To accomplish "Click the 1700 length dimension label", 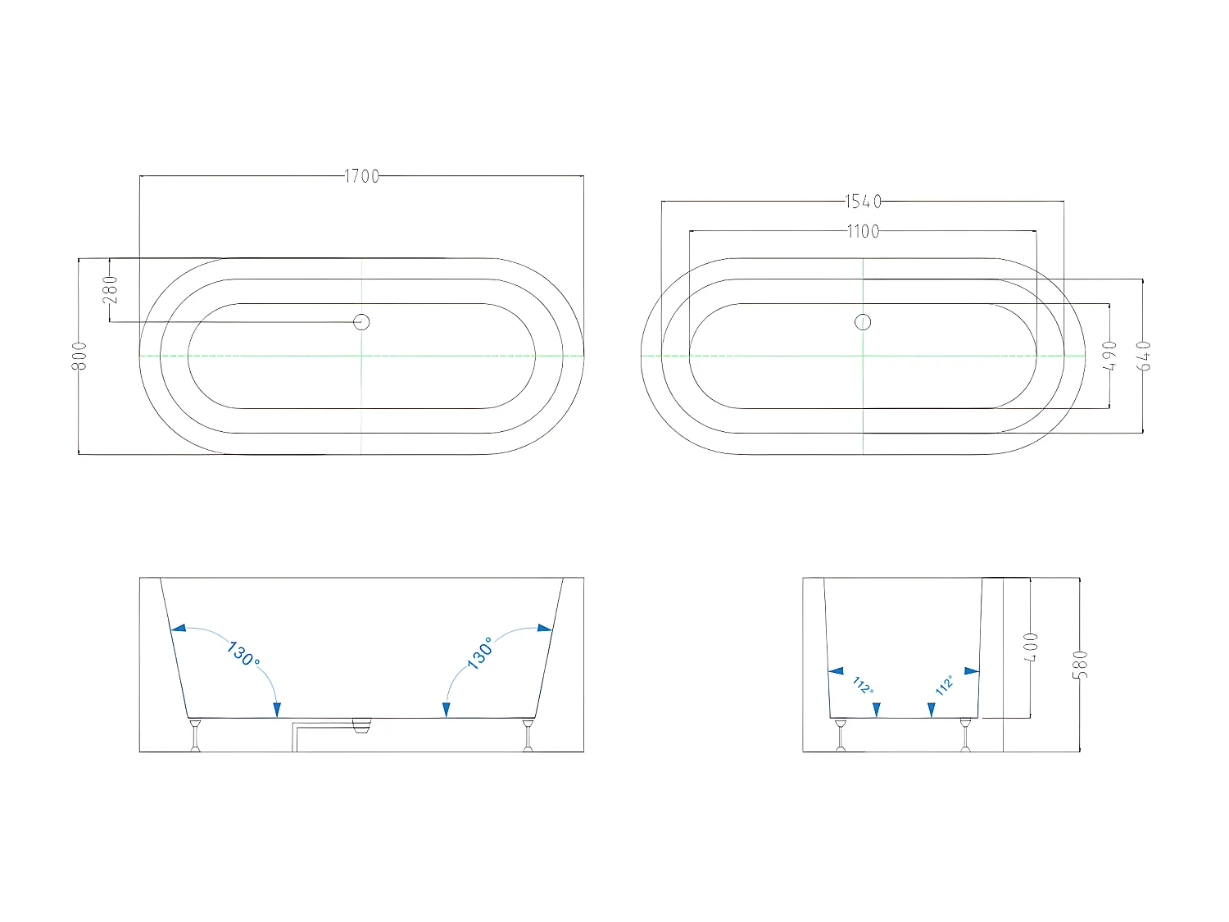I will [x=361, y=176].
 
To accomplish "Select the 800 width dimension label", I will [x=79, y=357].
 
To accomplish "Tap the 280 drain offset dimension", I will [x=111, y=289].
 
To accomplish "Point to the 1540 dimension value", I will [x=863, y=202].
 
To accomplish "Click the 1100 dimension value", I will [x=863, y=232].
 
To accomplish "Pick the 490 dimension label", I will [x=1109, y=357].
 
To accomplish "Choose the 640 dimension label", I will [x=1144, y=357].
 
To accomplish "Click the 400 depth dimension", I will [x=1032, y=647].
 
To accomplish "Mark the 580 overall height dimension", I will [x=1081, y=664].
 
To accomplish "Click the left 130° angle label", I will [x=243, y=654].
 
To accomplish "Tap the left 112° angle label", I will [x=862, y=685].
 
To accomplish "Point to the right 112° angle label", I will [x=945, y=685].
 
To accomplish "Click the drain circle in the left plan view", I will [x=361, y=322].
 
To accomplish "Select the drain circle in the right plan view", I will [x=863, y=322].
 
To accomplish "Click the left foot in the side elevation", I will [x=195, y=735].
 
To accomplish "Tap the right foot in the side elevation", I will [x=528, y=735].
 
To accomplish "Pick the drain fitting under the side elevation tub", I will [x=361, y=724].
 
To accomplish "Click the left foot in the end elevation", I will [x=840, y=735].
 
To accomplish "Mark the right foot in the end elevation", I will [x=965, y=735].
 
